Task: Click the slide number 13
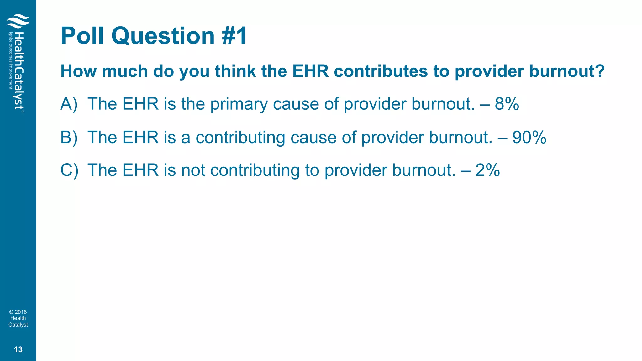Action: (18, 349)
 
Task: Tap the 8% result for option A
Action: (507, 104)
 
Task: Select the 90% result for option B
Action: (529, 137)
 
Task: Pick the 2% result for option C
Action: (487, 170)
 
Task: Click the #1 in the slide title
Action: (234, 36)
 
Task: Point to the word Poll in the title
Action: (82, 36)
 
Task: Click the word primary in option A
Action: (239, 104)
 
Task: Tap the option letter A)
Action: (69, 104)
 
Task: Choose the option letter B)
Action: (69, 137)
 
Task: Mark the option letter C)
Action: (69, 170)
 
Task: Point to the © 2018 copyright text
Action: (18, 312)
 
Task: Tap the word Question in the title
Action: (163, 36)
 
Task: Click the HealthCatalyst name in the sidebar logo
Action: (19, 71)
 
